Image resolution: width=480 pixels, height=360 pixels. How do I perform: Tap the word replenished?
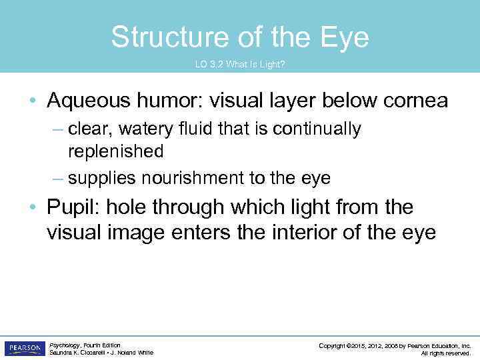click(115, 151)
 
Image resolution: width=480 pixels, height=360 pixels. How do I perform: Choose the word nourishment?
click(211, 178)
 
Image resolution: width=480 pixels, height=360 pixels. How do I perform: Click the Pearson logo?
click(25, 349)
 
